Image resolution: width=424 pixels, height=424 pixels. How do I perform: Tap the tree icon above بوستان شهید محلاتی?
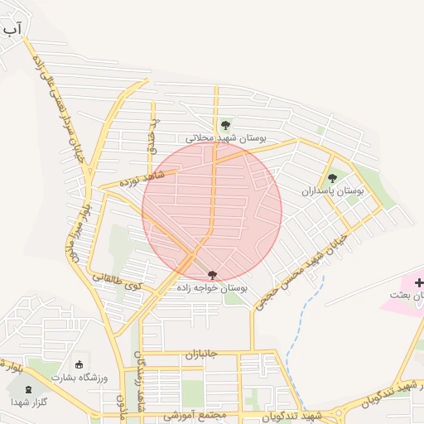tap(226, 125)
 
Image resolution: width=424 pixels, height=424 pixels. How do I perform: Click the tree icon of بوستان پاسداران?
tap(333, 177)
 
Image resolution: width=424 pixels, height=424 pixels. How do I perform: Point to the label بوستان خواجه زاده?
tap(212, 287)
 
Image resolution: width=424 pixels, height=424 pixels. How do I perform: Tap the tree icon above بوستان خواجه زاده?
tap(212, 274)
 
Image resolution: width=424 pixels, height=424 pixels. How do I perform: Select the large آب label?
tap(11, 31)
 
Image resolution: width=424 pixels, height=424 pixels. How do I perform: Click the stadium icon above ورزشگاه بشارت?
tap(79, 364)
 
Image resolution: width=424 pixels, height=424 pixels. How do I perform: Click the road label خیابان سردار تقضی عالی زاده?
tap(59, 108)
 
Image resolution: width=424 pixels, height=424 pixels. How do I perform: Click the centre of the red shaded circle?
tap(212, 212)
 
